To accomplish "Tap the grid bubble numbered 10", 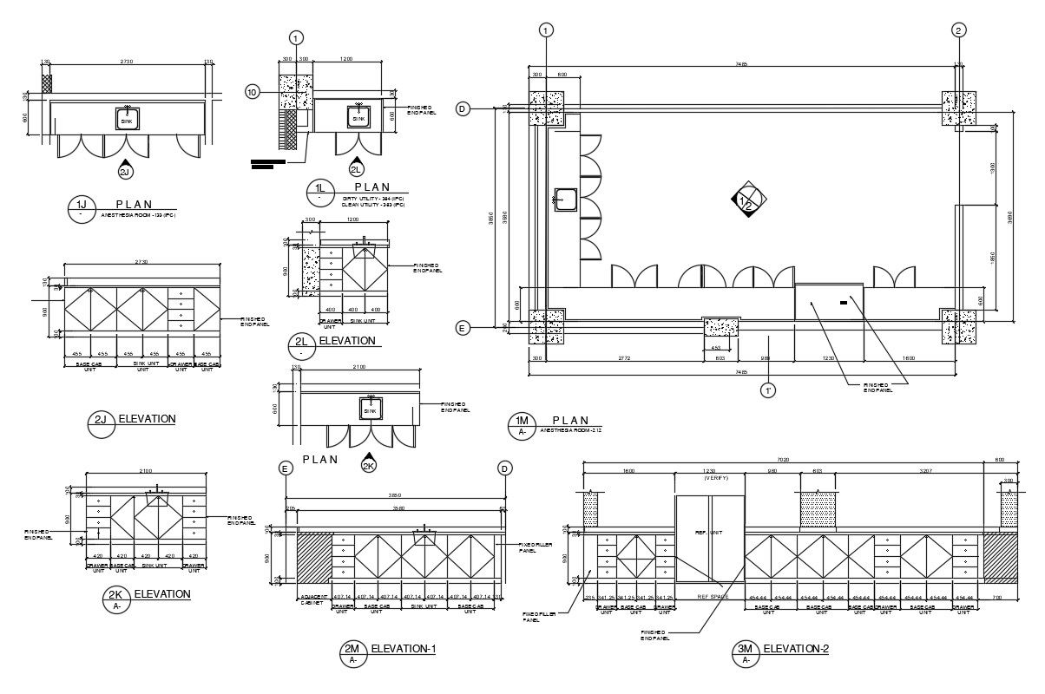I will click(x=253, y=92).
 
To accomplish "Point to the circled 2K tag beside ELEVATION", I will click(x=116, y=597).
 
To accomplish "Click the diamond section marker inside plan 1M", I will click(x=747, y=201).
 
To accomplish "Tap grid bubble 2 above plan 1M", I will click(x=958, y=30).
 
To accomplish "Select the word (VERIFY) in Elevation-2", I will click(x=711, y=479).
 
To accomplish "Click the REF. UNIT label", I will click(x=709, y=532).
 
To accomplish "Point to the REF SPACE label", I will click(x=711, y=597).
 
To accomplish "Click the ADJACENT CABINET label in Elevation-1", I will click(x=312, y=599).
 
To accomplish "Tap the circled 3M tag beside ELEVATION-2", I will click(x=746, y=651).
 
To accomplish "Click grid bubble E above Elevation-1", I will click(x=285, y=468).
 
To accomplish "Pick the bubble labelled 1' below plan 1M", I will click(x=768, y=390).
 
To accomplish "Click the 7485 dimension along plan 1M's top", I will click(x=740, y=64).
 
